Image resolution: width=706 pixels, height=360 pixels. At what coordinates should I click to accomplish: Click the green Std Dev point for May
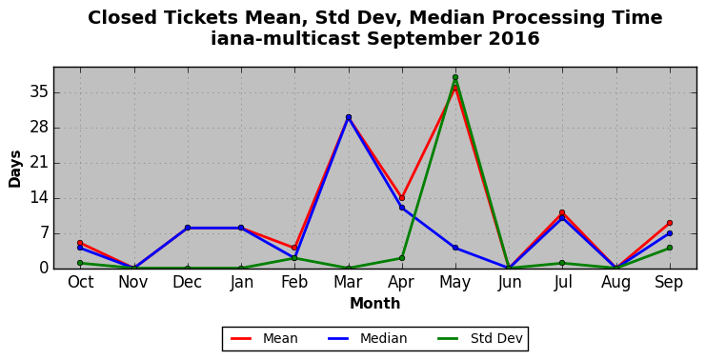pyautogui.click(x=455, y=77)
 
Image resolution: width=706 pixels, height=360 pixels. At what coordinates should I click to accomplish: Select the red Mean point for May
pyautogui.click(x=455, y=88)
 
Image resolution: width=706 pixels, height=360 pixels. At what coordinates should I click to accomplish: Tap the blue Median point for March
pyautogui.click(x=348, y=117)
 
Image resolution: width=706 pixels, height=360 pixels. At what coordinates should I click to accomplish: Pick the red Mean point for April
pyautogui.click(x=402, y=198)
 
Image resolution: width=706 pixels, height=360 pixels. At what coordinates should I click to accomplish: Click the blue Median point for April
pyautogui.click(x=402, y=208)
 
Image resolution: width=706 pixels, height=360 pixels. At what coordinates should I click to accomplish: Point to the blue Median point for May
pyautogui.click(x=455, y=248)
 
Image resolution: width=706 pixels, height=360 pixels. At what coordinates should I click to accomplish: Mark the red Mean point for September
pyautogui.click(x=670, y=223)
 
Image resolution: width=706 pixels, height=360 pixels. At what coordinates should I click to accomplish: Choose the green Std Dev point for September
pyautogui.click(x=670, y=248)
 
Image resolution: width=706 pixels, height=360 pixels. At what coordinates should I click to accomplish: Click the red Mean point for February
pyautogui.click(x=294, y=248)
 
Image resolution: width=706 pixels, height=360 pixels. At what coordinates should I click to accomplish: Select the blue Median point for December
pyautogui.click(x=188, y=228)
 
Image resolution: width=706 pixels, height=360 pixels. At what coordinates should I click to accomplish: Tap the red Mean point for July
pyautogui.click(x=562, y=212)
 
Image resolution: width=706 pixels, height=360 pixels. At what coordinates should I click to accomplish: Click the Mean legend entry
pyautogui.click(x=264, y=338)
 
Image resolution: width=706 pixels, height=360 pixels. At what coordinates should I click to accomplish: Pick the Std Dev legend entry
pyautogui.click(x=479, y=338)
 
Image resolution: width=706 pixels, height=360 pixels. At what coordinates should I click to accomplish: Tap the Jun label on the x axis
pyautogui.click(x=509, y=283)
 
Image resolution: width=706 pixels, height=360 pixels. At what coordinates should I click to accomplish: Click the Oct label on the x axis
pyautogui.click(x=81, y=283)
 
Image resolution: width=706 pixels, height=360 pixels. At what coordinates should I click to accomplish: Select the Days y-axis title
pyautogui.click(x=15, y=169)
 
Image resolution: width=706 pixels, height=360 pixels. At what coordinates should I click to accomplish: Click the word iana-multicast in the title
pyautogui.click(x=286, y=39)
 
